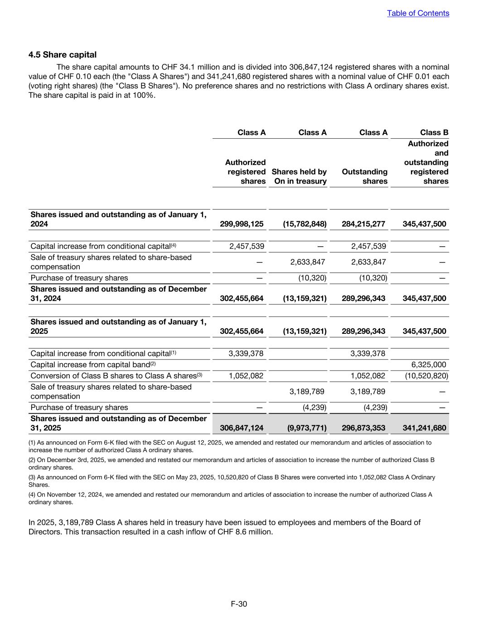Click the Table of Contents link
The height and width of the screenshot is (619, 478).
418,13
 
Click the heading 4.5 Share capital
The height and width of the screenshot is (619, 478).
63,55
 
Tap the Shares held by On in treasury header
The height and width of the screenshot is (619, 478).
299,176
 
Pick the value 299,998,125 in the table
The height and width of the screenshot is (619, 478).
241,224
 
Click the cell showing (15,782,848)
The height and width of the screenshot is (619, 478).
304,224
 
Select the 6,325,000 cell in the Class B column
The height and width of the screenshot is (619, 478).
429,365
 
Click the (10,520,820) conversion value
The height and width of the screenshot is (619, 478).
426,376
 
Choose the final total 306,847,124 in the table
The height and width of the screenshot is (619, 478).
241,428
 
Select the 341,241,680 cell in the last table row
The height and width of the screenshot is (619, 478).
424,428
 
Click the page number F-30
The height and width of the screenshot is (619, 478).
239,604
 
